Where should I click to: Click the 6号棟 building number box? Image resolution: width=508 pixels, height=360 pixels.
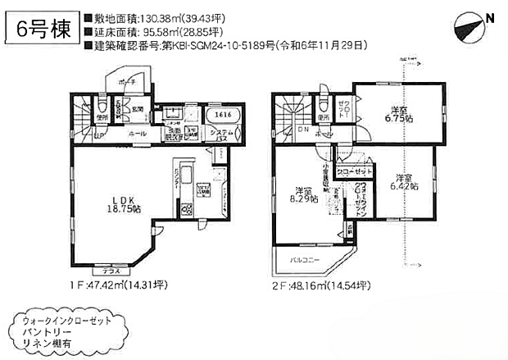43,29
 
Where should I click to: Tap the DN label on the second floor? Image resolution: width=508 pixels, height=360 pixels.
302,130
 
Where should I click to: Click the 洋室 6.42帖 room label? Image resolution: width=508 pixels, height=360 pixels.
403,182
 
